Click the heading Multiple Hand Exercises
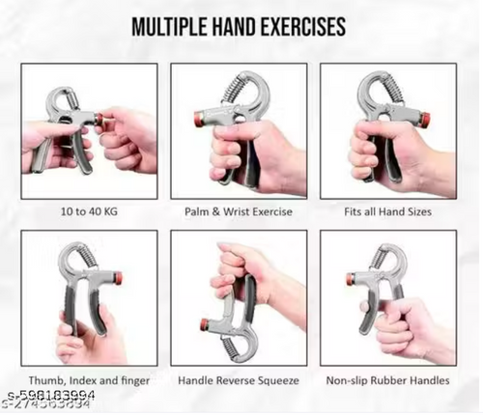(240, 26)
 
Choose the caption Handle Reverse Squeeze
(239, 380)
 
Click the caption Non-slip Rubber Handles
(388, 380)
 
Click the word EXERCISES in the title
(298, 26)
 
